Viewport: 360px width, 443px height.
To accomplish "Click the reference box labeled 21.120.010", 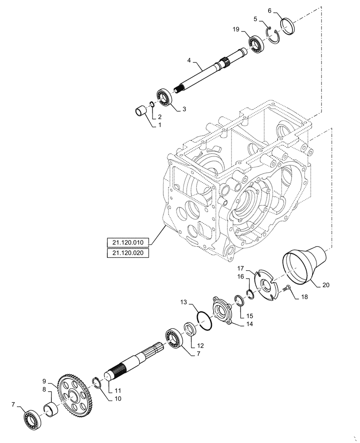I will pyautogui.click(x=128, y=242).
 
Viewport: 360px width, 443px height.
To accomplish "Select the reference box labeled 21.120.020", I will pyautogui.click(x=128, y=253).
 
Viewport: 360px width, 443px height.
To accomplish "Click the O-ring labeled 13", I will pyautogui.click(x=204, y=320).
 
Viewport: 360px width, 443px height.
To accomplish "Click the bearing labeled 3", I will pyautogui.click(x=164, y=97).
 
